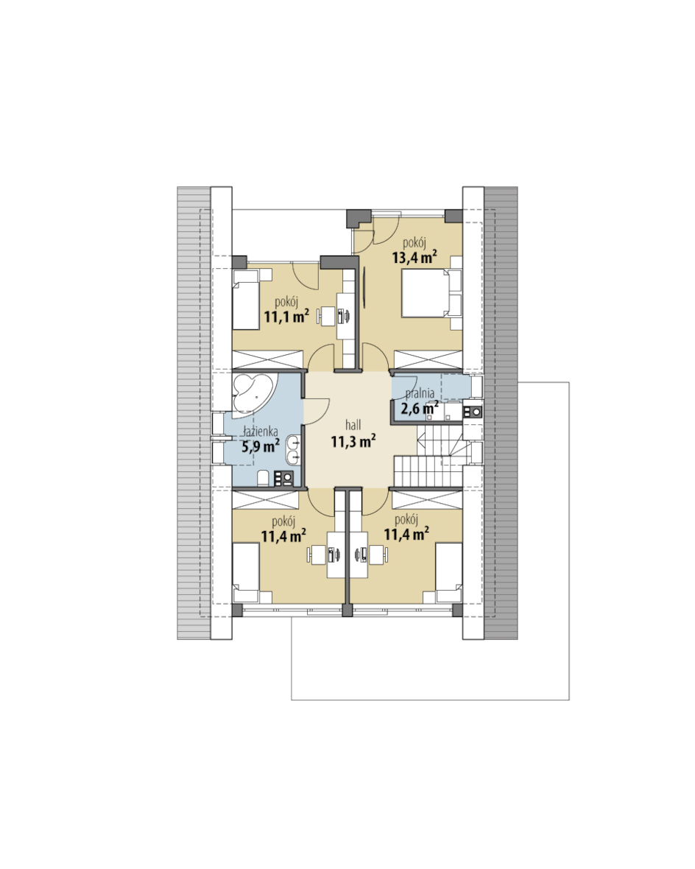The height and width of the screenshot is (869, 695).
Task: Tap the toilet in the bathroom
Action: (264, 478)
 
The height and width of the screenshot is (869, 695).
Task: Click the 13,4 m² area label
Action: (414, 257)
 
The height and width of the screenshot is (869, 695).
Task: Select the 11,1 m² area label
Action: (286, 317)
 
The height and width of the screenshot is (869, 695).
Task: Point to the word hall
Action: (353, 425)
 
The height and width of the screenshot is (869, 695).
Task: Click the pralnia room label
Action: (420, 394)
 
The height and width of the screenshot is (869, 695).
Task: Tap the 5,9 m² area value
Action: (261, 446)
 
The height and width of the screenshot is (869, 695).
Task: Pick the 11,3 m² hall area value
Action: (353, 442)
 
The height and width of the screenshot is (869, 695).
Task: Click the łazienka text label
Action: (261, 432)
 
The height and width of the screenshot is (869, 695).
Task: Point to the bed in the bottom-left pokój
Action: (246, 573)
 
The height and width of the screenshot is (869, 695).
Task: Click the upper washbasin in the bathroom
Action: (293, 443)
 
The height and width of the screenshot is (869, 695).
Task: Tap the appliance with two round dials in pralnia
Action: (473, 412)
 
